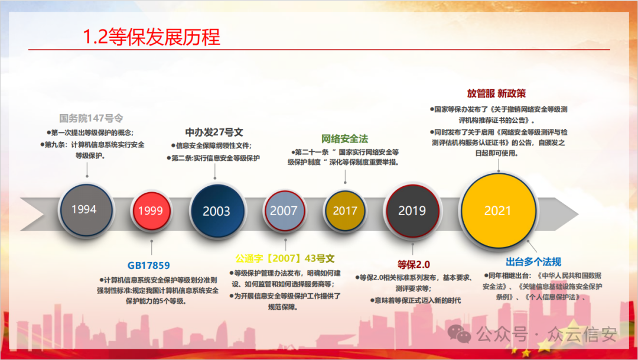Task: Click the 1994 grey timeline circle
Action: [x=84, y=210]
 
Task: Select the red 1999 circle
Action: [x=150, y=210]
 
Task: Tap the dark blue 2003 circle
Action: [x=216, y=211]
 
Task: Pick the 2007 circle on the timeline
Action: [x=284, y=210]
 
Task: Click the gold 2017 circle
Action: [x=345, y=210]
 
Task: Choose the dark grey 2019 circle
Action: [x=412, y=210]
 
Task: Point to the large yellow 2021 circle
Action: [x=497, y=210]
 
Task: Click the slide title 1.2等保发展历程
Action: [x=151, y=37]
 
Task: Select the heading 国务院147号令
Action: [x=91, y=118]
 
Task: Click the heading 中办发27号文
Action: [x=214, y=132]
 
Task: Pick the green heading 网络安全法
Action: [x=344, y=139]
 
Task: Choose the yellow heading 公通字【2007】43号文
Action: [x=285, y=258]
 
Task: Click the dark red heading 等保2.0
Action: [x=414, y=264]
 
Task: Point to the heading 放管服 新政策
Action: [x=496, y=93]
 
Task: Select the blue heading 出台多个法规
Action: [x=533, y=262]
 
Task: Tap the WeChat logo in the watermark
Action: [x=459, y=335]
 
